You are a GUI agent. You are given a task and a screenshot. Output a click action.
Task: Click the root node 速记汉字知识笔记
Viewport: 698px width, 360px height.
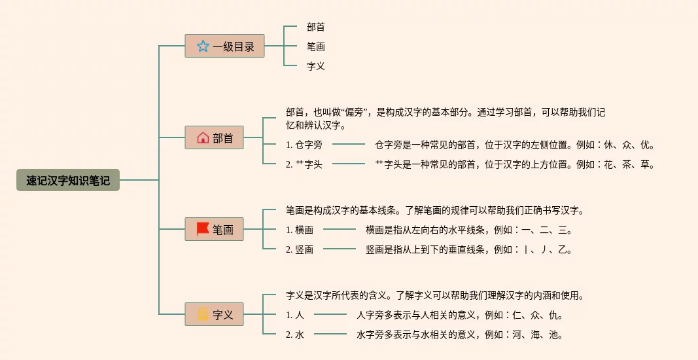pyautogui.click(x=68, y=180)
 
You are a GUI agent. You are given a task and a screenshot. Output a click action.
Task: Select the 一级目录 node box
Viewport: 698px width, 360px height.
pyautogui.click(x=224, y=46)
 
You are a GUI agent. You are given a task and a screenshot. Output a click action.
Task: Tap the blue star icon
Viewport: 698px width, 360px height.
pyautogui.click(x=203, y=46)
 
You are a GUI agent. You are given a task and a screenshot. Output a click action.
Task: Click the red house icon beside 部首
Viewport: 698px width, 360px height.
pyautogui.click(x=203, y=138)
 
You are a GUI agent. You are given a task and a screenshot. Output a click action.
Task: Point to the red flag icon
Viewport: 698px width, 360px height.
pyautogui.click(x=203, y=229)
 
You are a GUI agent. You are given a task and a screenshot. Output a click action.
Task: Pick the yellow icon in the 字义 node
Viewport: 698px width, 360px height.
pyautogui.click(x=203, y=315)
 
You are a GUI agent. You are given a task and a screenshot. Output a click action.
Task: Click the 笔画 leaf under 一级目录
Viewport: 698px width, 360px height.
pyautogui.click(x=316, y=46)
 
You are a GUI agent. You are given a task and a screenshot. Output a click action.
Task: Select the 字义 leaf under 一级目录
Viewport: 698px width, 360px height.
pyautogui.click(x=316, y=66)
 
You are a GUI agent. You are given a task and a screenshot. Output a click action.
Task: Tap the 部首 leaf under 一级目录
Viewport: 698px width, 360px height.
pyautogui.click(x=316, y=27)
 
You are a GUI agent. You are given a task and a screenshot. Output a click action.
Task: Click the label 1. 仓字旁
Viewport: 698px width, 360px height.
pyautogui.click(x=304, y=145)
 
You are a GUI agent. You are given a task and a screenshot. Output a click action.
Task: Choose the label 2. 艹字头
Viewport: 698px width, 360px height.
pyautogui.click(x=304, y=164)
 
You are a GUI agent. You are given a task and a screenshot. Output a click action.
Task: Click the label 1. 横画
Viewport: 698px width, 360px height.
pyautogui.click(x=300, y=230)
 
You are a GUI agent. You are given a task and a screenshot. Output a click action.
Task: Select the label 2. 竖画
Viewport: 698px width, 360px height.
pyautogui.click(x=300, y=249)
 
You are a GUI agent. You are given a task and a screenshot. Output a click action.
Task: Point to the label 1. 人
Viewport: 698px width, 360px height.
pyautogui.click(x=295, y=315)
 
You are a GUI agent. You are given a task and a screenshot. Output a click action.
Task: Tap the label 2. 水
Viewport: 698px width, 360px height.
pyautogui.click(x=295, y=334)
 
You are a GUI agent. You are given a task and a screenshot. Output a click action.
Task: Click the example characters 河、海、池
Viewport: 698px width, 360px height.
pyautogui.click(x=537, y=334)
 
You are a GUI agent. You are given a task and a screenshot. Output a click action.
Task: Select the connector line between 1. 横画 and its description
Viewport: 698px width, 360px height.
pyautogui.click(x=340, y=230)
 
